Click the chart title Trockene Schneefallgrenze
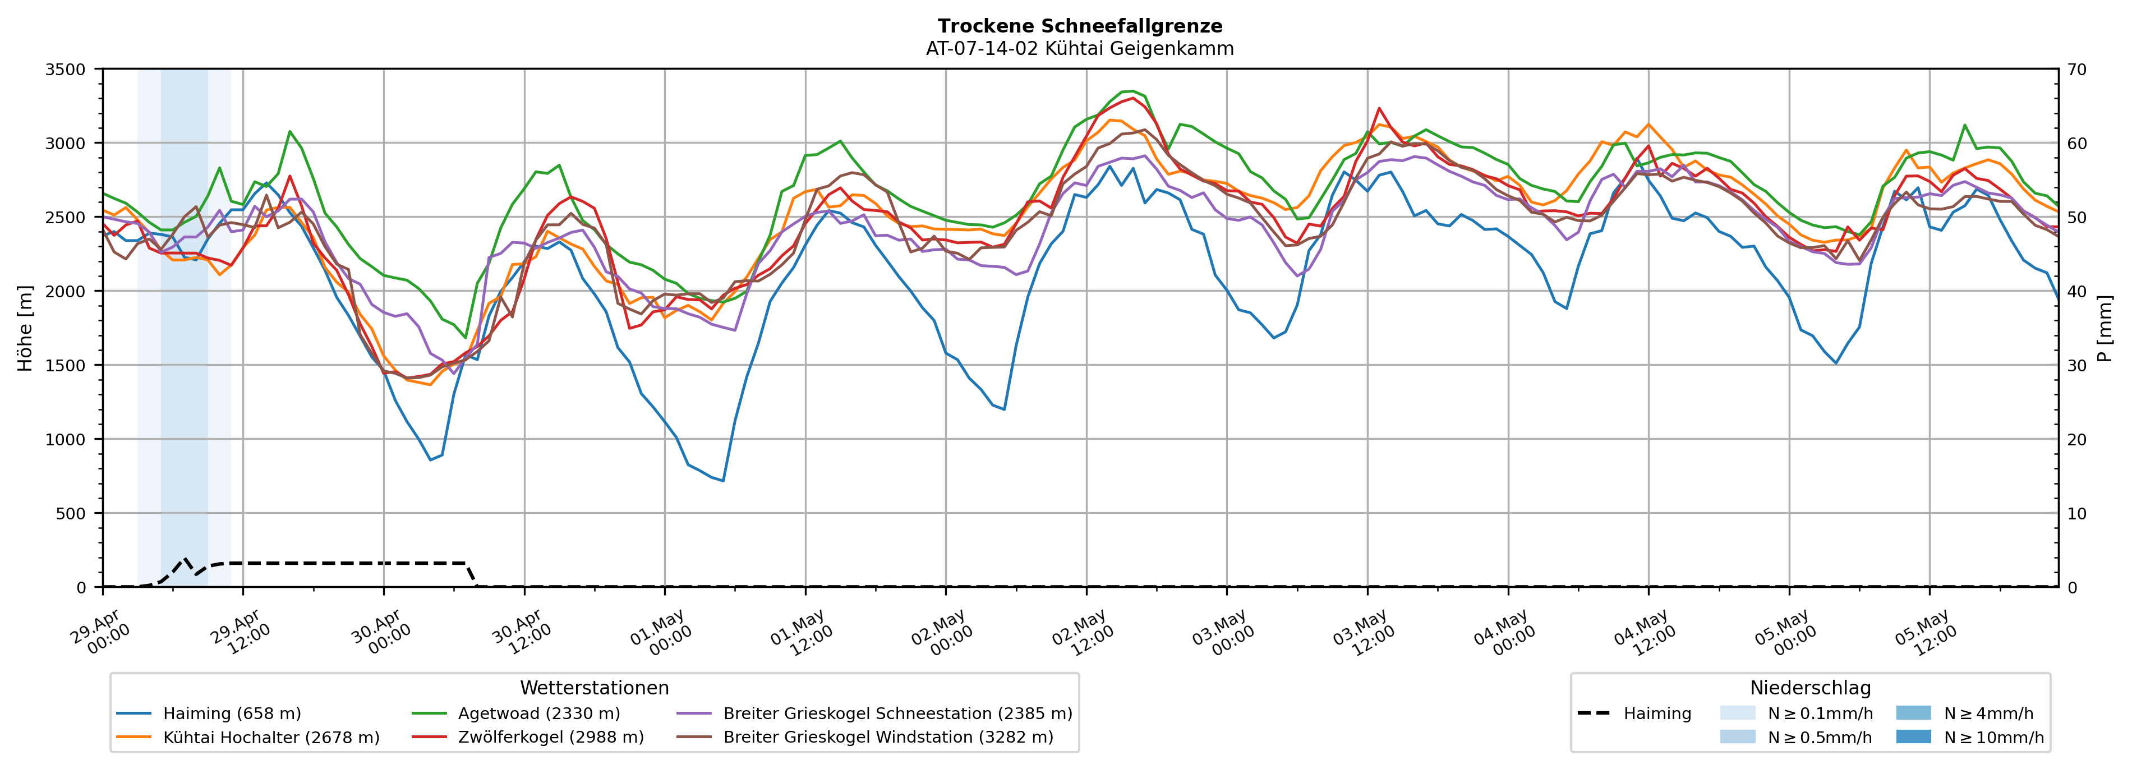tap(1080, 26)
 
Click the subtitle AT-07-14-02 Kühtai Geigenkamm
tap(1080, 48)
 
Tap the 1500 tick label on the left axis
tap(66, 366)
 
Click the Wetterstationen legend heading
tap(594, 688)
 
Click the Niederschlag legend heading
tap(1810, 688)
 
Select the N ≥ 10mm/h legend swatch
tap(1913, 736)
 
